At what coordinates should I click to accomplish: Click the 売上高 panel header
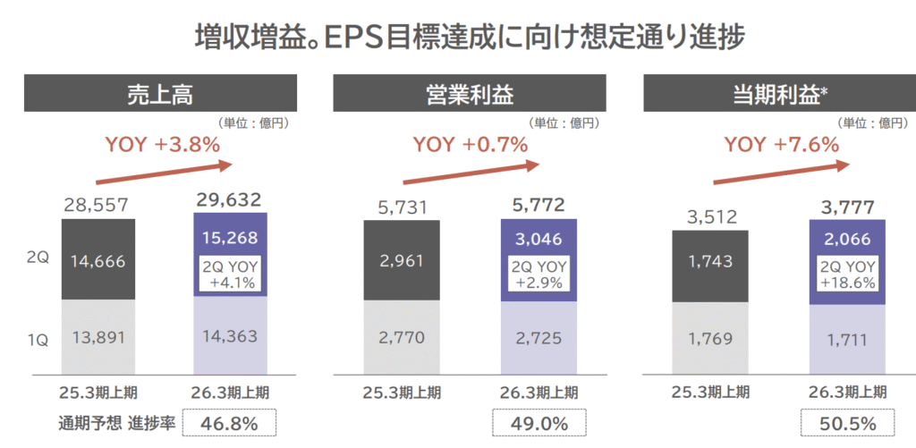[x=160, y=93]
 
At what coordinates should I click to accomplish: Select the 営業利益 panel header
[x=470, y=93]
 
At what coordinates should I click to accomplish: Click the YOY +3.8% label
[x=163, y=144]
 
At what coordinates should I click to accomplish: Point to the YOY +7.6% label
[x=781, y=144]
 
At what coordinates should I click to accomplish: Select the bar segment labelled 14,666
[x=98, y=261]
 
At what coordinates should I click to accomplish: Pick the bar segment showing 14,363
[x=230, y=337]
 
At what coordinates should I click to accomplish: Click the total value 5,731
[x=401, y=207]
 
